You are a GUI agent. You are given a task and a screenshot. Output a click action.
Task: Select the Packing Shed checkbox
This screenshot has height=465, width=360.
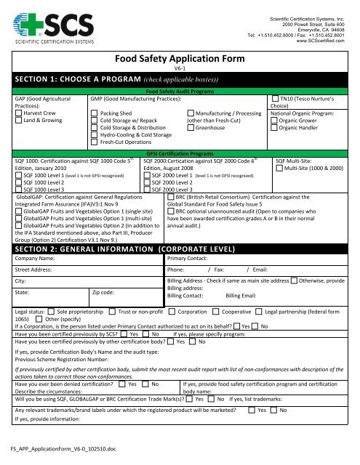94,114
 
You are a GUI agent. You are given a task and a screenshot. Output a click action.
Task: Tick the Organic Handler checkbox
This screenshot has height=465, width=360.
273,129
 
